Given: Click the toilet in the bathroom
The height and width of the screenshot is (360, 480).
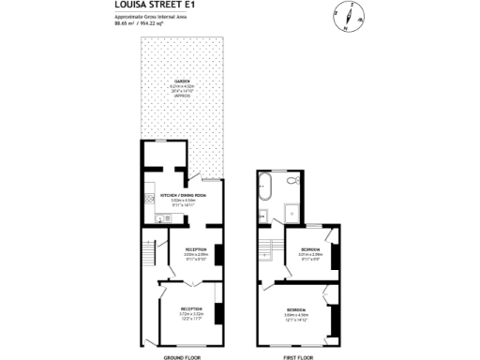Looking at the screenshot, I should [x=292, y=178].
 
